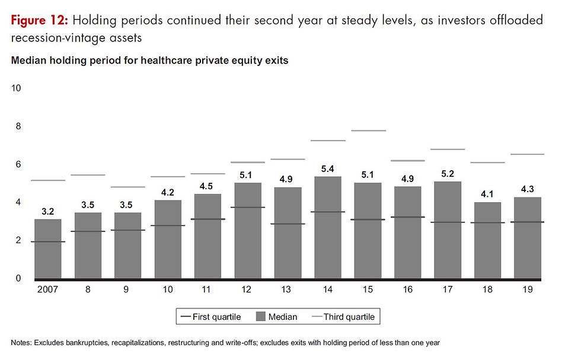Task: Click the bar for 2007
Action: [49, 249]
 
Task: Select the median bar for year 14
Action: [328, 228]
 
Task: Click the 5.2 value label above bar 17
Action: [448, 173]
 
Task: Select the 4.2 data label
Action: [168, 192]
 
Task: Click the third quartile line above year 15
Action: [368, 130]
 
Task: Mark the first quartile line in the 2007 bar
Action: [49, 241]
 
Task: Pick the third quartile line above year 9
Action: [129, 187]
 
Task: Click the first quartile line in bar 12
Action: [248, 208]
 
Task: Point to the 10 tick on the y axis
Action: [17, 88]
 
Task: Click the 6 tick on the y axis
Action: [18, 164]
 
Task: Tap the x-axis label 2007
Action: [49, 291]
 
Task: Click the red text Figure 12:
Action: [39, 21]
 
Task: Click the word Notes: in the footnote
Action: [23, 343]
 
